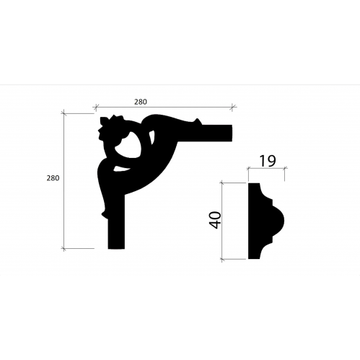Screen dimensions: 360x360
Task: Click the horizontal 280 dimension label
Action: tap(141, 102)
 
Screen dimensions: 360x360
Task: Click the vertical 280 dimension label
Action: tap(53, 178)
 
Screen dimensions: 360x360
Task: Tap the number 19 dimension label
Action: tap(268, 161)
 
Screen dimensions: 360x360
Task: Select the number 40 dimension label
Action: tap(215, 220)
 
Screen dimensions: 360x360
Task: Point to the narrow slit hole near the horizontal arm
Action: tap(152, 137)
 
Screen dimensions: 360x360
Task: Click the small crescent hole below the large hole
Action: tap(120, 169)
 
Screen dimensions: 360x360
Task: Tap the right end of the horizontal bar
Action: tap(232, 133)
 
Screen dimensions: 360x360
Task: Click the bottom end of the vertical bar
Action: tap(116, 248)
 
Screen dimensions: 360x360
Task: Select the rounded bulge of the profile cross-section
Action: tap(279, 221)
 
